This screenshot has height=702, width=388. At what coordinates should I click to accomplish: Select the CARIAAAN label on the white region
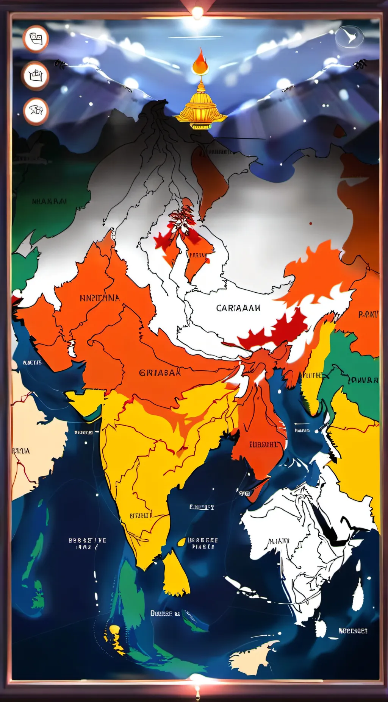click(238, 308)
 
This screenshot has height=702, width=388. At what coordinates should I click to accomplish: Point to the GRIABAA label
click(160, 373)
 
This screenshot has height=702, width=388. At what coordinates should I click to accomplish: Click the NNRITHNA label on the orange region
click(100, 298)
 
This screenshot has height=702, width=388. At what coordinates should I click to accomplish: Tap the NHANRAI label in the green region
click(49, 201)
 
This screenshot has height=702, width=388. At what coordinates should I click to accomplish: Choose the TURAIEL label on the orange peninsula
click(263, 444)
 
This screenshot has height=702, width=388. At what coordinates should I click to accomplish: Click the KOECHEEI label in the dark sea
click(353, 631)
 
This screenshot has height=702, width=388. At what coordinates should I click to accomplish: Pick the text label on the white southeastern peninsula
click(279, 541)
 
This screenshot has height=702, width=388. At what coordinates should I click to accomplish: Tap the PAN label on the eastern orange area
click(368, 314)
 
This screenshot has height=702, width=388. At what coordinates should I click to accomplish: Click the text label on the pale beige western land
click(21, 451)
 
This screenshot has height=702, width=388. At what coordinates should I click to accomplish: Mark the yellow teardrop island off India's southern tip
click(175, 575)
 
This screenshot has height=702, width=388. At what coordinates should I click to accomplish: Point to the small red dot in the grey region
click(311, 223)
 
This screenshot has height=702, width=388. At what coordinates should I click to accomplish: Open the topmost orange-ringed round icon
click(36, 39)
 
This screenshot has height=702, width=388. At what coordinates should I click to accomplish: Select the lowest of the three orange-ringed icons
click(36, 111)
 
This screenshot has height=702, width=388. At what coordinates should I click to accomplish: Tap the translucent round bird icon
click(349, 37)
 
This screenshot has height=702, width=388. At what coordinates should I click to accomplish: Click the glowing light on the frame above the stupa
click(197, 12)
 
